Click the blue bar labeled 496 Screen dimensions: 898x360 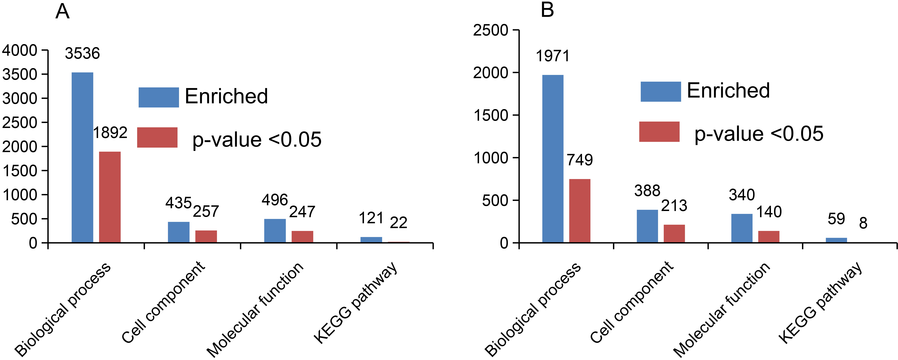pyautogui.click(x=275, y=231)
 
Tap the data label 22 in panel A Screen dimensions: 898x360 pyautogui.click(x=398, y=223)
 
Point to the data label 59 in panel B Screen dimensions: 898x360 pyautogui.click(x=836, y=219)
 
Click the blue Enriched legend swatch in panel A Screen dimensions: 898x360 pyautogui.click(x=159, y=97)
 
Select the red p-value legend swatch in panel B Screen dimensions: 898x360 pyautogui.click(x=659, y=132)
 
